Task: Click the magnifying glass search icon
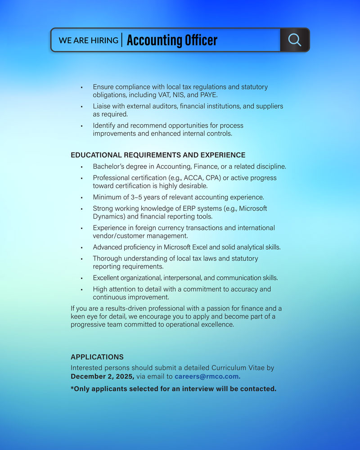pos(294,40)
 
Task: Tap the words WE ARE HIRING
pos(88,40)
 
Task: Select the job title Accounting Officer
pos(172,40)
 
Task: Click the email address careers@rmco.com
pos(207,377)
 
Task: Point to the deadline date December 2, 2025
pos(102,377)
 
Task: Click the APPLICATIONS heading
pos(97,357)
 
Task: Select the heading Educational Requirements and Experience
pos(158,155)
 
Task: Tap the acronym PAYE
pos(208,95)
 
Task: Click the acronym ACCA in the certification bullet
pos(193,178)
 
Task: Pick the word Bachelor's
pos(109,166)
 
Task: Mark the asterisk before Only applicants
pos(72,388)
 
